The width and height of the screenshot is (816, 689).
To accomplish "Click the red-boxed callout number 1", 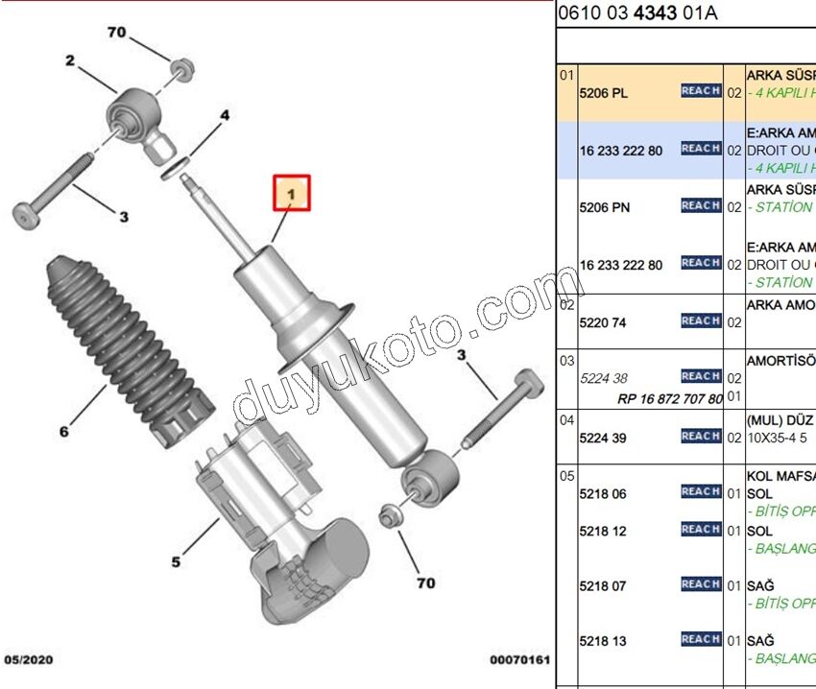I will click(x=291, y=195).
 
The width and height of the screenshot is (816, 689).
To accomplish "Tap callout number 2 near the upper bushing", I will click(x=70, y=62).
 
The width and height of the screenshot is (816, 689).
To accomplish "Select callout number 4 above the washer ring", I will click(x=224, y=116).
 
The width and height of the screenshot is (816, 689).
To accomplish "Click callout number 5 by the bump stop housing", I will click(x=176, y=561).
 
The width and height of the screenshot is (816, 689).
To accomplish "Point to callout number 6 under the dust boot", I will click(x=64, y=432).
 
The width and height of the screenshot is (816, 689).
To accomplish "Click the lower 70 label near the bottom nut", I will click(x=425, y=582).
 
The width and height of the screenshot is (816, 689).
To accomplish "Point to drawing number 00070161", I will click(x=518, y=660).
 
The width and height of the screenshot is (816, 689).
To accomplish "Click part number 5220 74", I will click(x=603, y=322).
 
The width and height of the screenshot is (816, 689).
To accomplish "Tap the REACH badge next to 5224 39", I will click(x=701, y=436).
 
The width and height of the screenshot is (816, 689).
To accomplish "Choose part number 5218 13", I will click(x=603, y=641).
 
